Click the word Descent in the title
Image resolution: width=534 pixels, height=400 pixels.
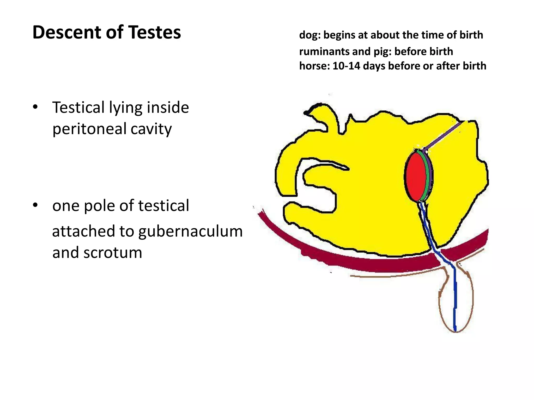[x=66, y=32]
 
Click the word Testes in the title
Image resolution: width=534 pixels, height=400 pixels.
[x=155, y=32]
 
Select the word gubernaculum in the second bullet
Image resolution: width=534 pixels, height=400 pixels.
[x=190, y=232]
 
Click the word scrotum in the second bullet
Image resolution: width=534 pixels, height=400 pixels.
[x=113, y=252]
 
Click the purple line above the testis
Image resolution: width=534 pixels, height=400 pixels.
[x=443, y=135]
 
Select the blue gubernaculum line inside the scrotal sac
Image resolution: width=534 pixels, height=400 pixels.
[x=455, y=299]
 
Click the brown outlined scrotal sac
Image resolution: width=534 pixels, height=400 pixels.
[x=440, y=299]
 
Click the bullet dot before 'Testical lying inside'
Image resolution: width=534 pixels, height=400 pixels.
[x=35, y=107]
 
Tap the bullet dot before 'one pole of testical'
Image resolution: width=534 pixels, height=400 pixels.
[x=35, y=205]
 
